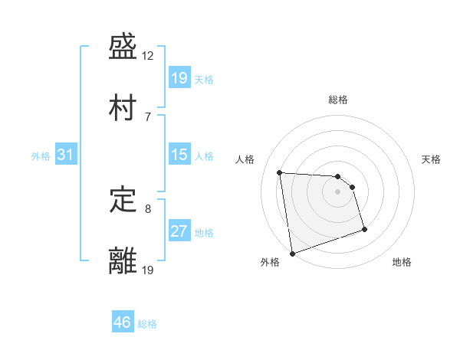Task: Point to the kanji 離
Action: click(x=123, y=260)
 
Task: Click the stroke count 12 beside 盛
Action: click(x=148, y=56)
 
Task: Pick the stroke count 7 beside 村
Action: click(x=148, y=116)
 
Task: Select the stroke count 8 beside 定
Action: click(x=148, y=208)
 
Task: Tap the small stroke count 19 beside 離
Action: click(x=148, y=269)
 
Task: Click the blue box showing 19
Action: click(x=179, y=78)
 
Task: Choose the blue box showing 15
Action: click(x=179, y=155)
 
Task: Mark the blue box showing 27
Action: click(x=179, y=232)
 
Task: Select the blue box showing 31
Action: click(x=66, y=155)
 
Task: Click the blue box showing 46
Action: click(x=123, y=322)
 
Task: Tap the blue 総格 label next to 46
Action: click(x=147, y=324)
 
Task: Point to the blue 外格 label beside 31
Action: click(x=41, y=156)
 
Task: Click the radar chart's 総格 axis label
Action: click(x=338, y=100)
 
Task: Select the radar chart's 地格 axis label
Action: click(x=402, y=263)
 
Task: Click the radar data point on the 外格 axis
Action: click(x=292, y=253)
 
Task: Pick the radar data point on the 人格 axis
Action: click(x=280, y=172)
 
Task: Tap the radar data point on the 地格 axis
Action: click(x=364, y=229)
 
